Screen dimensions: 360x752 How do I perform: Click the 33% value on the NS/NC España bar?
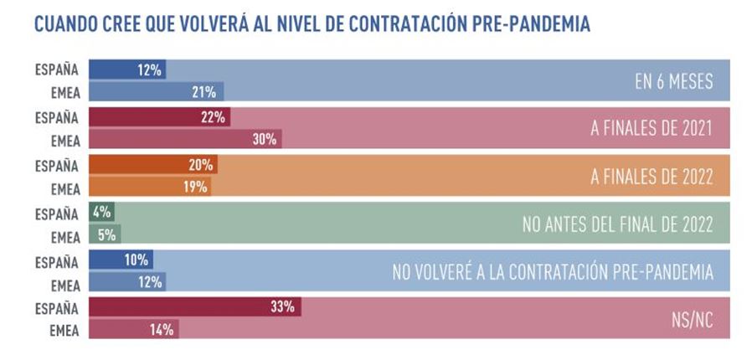pos(282,307)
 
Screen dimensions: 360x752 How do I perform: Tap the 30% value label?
pos(265,140)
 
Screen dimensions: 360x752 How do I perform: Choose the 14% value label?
pos(162,330)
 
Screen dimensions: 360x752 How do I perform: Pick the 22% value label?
pos(214,117)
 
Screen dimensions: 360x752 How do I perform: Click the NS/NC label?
pos(692,319)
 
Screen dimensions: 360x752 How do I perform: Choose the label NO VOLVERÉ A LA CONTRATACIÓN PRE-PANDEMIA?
pos(552,271)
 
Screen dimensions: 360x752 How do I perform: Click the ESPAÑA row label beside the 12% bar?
pos(57,69)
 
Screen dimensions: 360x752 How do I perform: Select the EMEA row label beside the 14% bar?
pos(63,330)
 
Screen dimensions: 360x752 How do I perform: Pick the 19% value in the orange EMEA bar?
pos(195,187)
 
